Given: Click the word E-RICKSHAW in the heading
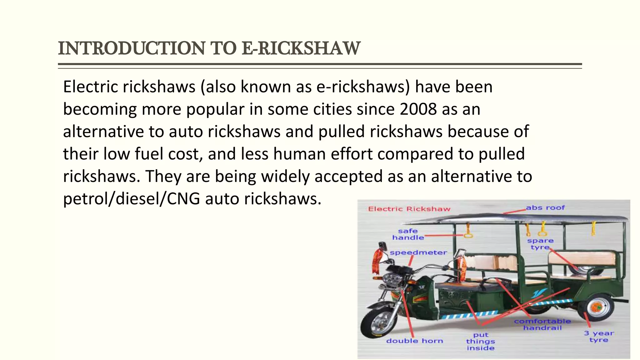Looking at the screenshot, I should point(301,48).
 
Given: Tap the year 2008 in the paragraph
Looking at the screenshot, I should point(418,109).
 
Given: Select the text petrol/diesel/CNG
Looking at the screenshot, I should point(131,199).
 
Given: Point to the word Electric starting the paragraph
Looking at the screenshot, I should point(90,87).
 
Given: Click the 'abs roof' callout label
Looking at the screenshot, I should point(545,207).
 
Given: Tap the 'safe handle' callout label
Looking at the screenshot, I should point(408,234).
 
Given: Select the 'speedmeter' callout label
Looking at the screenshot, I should point(418,252).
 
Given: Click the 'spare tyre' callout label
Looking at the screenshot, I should point(540,244).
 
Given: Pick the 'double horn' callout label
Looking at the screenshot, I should point(415,341).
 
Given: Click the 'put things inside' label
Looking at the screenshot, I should point(480,342).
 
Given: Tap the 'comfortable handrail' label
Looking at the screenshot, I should point(542,324).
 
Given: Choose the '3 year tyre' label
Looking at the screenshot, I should point(599,337).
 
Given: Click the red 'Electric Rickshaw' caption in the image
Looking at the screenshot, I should point(409,209).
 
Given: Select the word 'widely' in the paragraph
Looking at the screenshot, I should point(285,176).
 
